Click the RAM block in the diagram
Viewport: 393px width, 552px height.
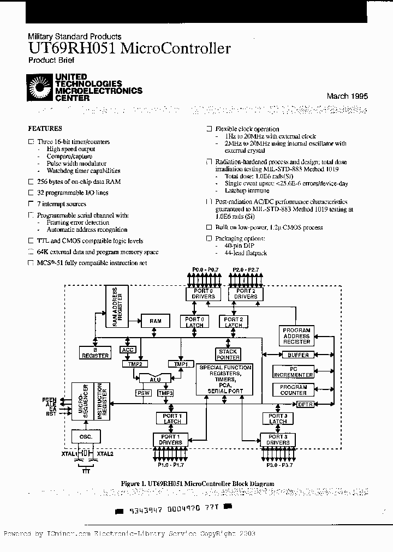(x=155, y=321)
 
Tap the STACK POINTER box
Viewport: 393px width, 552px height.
(x=228, y=355)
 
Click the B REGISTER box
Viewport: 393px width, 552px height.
(x=96, y=353)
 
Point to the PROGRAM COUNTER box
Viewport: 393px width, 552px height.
(x=293, y=389)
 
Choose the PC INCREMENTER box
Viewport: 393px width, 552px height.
(x=293, y=372)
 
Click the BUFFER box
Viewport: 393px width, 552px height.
(x=297, y=355)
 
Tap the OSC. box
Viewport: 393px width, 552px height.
(x=85, y=437)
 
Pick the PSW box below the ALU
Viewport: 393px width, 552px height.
(x=143, y=393)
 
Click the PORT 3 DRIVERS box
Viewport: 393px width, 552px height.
(x=277, y=440)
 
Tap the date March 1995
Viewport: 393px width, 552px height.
(x=347, y=96)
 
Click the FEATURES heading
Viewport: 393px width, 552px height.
(x=45, y=129)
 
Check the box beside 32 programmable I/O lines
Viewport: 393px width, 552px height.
(x=31, y=193)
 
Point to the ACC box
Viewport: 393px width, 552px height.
(x=128, y=350)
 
